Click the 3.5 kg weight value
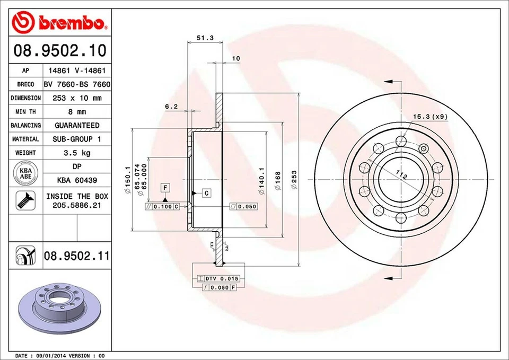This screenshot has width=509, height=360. [x=76, y=153]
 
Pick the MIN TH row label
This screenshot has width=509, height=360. [x=25, y=112]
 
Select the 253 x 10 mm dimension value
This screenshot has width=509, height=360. [x=76, y=98]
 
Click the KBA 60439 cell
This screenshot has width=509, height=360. [x=76, y=180]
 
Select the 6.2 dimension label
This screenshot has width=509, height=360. [x=171, y=107]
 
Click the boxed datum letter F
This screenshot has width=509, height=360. [x=165, y=188]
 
